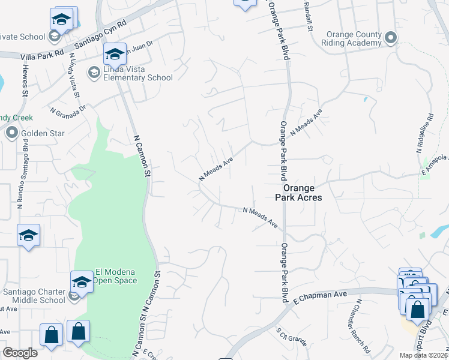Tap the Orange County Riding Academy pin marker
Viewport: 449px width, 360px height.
pos(391,39)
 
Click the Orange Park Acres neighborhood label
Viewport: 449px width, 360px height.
pos(298,192)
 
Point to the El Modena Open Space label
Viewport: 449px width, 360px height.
pos(116,276)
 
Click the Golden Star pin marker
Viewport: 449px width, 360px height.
pos(12,133)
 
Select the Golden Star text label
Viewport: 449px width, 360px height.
pos(37,133)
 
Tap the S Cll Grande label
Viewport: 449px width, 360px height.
pos(292,338)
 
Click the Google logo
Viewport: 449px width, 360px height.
pos(20,353)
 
